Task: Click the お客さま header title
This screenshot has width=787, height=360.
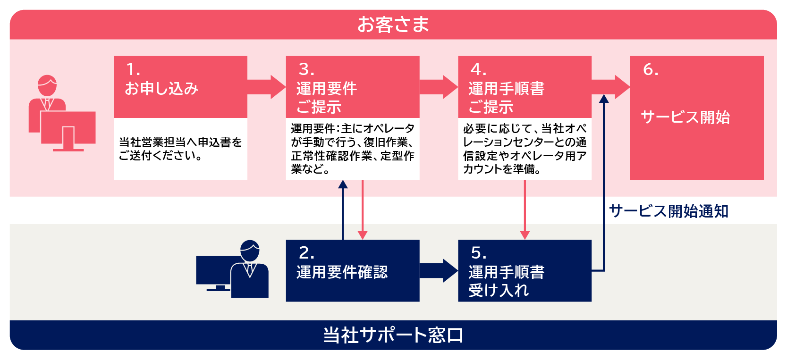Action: pyautogui.click(x=393, y=25)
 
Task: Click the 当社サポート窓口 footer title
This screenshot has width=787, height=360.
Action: pyautogui.click(x=393, y=335)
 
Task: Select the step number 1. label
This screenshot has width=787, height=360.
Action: pyautogui.click(x=133, y=70)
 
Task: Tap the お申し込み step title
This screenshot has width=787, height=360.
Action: pyautogui.click(x=161, y=89)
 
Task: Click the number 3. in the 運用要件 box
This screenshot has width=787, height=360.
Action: pyautogui.click(x=306, y=70)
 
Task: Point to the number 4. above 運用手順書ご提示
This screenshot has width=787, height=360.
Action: pyautogui.click(x=478, y=70)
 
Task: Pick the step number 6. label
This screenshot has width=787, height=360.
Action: pyautogui.click(x=651, y=70)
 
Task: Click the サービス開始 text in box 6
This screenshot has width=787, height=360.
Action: pyautogui.click(x=685, y=117)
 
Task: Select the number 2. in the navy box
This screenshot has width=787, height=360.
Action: pyautogui.click(x=306, y=253)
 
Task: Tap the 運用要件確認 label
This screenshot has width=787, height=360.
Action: pyautogui.click(x=342, y=272)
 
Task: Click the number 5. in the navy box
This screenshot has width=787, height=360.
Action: pyautogui.click(x=478, y=253)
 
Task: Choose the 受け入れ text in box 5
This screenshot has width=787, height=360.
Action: pyautogui.click(x=499, y=290)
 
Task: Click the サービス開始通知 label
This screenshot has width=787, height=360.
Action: pyautogui.click(x=669, y=211)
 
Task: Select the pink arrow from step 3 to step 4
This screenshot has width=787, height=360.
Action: pyautogui.click(x=439, y=87)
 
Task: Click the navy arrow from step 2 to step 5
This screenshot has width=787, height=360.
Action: pyautogui.click(x=439, y=271)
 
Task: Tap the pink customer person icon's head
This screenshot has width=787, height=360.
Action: pyautogui.click(x=47, y=85)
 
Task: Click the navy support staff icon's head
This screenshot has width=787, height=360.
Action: pyautogui.click(x=250, y=251)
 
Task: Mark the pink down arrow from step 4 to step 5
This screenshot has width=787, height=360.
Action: pyautogui.click(x=525, y=210)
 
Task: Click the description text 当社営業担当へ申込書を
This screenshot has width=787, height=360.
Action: pyautogui.click(x=180, y=142)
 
